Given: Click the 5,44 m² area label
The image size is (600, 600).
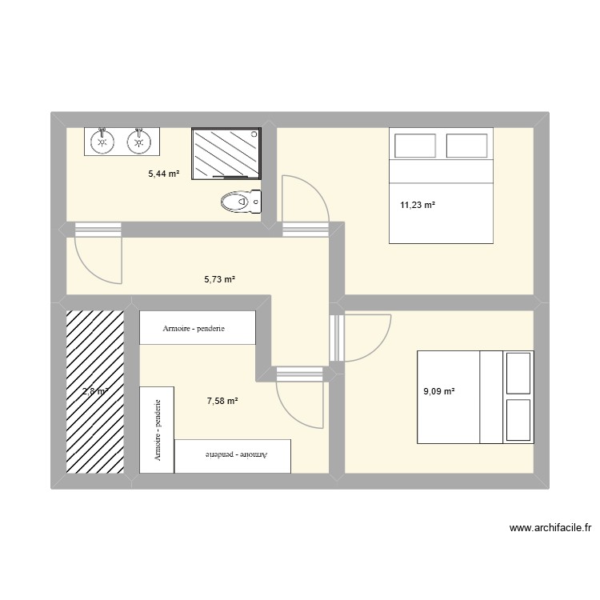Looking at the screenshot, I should pyautogui.click(x=164, y=173).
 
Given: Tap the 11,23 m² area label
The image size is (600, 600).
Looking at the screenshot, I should pyautogui.click(x=418, y=205).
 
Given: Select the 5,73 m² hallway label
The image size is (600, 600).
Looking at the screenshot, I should pyautogui.click(x=219, y=279).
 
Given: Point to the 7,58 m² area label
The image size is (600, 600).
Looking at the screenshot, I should pyautogui.click(x=222, y=402).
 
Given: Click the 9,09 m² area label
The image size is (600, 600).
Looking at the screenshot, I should pyautogui.click(x=439, y=391).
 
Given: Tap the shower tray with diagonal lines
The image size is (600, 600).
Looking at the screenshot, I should pyautogui.click(x=226, y=152).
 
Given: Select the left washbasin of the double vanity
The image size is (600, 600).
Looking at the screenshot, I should pyautogui.click(x=102, y=142).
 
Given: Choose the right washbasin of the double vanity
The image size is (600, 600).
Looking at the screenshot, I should pyautogui.click(x=140, y=142).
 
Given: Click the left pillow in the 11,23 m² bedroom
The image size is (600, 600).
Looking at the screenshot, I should pyautogui.click(x=416, y=146).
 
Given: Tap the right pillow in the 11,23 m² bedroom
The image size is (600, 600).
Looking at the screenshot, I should pyautogui.click(x=467, y=146).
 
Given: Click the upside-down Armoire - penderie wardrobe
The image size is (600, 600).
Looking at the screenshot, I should pyautogui.click(x=233, y=455).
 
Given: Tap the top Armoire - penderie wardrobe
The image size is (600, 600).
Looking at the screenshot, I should pyautogui.click(x=197, y=328).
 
